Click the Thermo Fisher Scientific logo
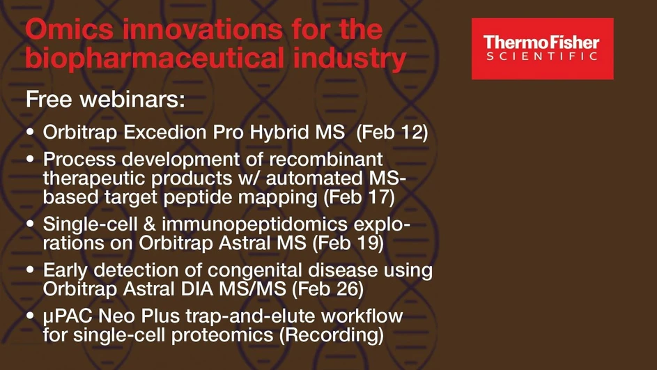tap(542, 49)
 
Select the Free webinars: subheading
tap(105, 99)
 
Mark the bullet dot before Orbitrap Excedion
tap(31, 133)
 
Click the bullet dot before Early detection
tap(31, 270)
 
